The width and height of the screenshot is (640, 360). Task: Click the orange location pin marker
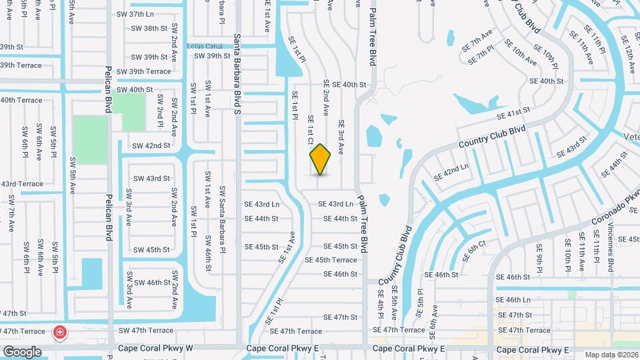coord(321,159)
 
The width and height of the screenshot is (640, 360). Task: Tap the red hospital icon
coord(60,332)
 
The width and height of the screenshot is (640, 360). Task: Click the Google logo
coord(22,351)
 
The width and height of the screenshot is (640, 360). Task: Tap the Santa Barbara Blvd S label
coord(237,73)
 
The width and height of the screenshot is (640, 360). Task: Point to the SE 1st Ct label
coord(310,130)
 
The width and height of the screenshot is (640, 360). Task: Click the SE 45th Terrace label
coord(331,260)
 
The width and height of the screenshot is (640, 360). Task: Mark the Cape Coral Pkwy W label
coord(155,349)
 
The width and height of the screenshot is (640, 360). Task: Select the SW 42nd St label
coord(151,145)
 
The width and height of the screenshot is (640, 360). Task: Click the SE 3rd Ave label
coord(341,137)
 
